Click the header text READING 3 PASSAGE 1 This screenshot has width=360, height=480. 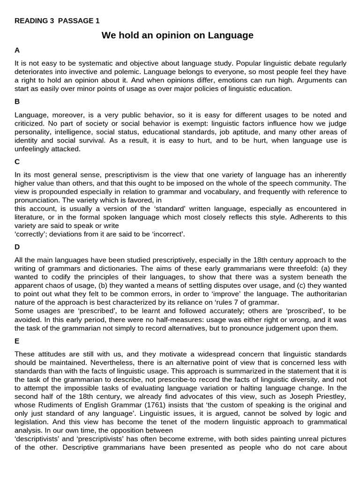(57, 21)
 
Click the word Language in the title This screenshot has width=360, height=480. (229, 35)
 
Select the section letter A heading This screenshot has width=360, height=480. (17, 50)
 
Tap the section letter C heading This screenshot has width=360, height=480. (17, 161)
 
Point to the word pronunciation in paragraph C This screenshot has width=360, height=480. (37, 200)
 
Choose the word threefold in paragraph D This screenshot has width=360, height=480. (261, 269)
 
